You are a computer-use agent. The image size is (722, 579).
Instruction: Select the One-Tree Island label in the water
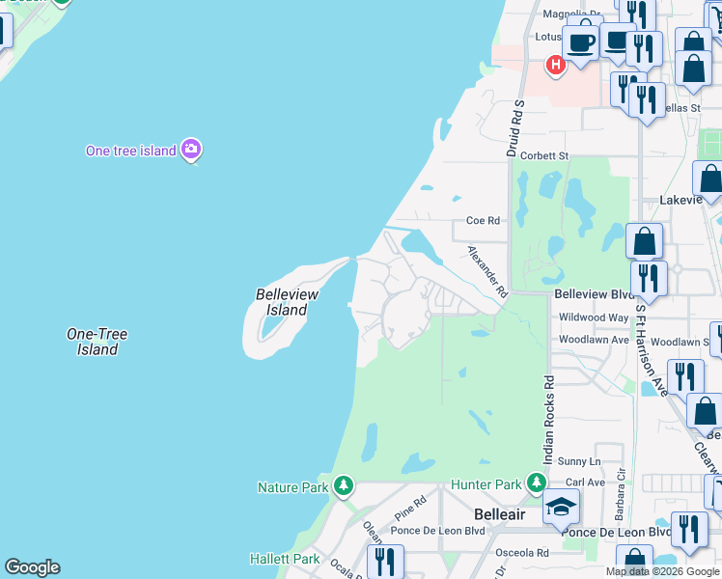(x=97, y=342)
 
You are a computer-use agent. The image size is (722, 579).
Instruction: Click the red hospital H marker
(x=555, y=66)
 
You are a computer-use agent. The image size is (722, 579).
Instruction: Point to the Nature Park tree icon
(x=343, y=486)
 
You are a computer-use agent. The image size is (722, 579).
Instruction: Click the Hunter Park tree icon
(x=538, y=483)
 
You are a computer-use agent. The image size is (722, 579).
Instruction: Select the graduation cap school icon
(x=561, y=507)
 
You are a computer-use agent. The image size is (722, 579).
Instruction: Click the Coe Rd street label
(x=483, y=220)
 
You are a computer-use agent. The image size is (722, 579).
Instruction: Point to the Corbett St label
(x=545, y=155)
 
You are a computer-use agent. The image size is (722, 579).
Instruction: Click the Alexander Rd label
(x=488, y=270)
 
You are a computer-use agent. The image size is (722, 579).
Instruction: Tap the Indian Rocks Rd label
(x=548, y=419)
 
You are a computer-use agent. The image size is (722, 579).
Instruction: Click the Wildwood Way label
(x=594, y=317)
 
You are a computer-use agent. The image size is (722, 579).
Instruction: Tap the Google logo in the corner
(x=32, y=567)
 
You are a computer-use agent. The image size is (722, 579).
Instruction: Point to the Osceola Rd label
(x=522, y=553)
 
